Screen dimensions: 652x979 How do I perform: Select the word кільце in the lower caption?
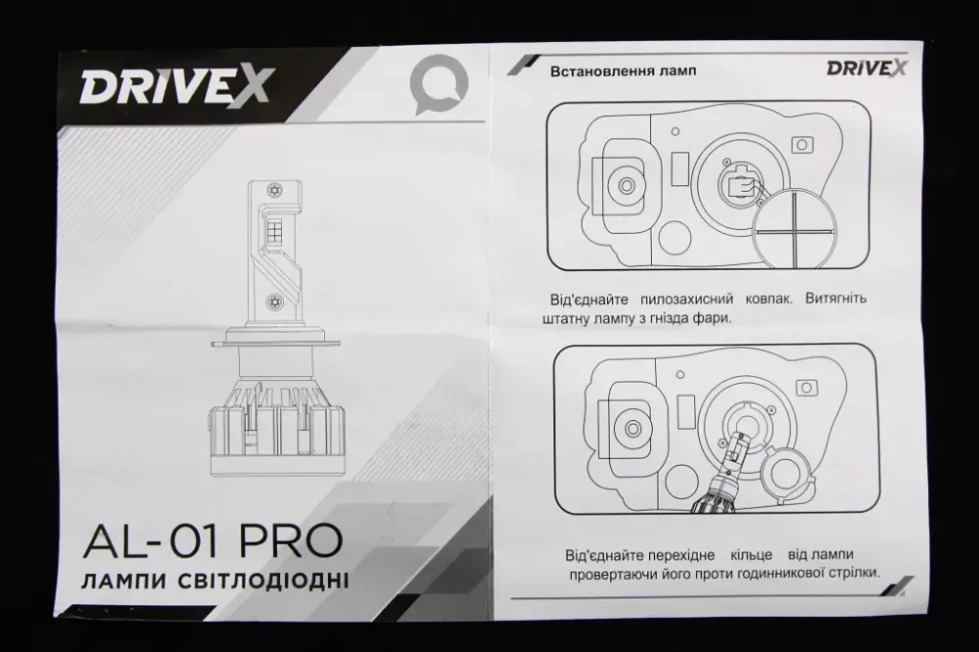coord(757,553)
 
